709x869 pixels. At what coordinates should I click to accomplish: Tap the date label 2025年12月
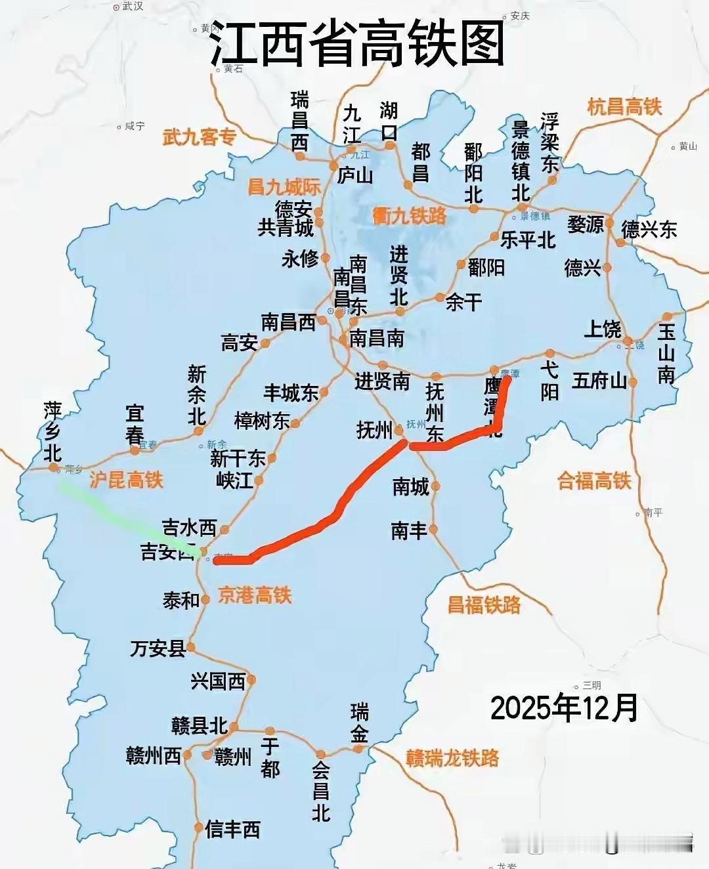pos(564,708)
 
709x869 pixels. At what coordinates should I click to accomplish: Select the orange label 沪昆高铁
pos(126,480)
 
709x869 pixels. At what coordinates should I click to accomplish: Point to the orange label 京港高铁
pos(255,595)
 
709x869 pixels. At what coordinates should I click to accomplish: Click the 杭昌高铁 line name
pos(624,107)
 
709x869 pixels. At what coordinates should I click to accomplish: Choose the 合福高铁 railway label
pos(593,480)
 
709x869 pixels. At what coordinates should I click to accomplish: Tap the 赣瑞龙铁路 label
pos(453,758)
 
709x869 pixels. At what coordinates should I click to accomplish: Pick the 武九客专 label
pos(199,137)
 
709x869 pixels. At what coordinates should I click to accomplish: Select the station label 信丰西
pos(233,830)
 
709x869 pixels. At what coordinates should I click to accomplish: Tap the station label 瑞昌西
pos(299,121)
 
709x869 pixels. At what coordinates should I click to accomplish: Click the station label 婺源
pos(586,224)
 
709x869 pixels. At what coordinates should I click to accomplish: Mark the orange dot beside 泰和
pos(205,599)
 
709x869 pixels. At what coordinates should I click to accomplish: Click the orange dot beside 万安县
pos(191,648)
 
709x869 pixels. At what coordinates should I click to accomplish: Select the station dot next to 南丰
pos(435,530)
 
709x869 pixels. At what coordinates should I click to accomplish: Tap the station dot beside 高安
pos(265,343)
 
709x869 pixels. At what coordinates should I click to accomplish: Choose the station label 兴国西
pos(218,681)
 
